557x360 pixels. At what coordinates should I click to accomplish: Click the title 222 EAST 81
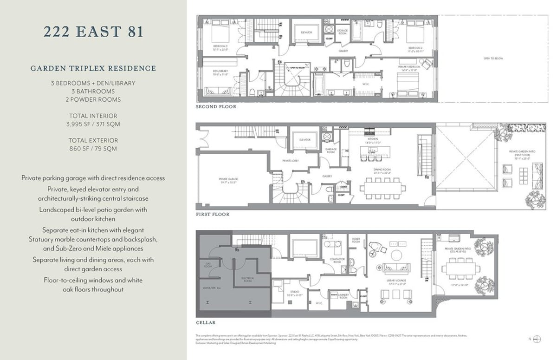(x=93, y=32)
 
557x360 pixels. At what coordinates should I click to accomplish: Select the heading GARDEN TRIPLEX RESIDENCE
(x=93, y=68)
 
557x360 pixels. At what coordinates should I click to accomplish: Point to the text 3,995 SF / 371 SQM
(x=93, y=124)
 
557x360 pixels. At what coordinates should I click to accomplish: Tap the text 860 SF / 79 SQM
(x=93, y=149)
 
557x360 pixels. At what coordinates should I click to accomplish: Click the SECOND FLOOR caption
(x=216, y=107)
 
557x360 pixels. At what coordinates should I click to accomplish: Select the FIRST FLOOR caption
(x=213, y=215)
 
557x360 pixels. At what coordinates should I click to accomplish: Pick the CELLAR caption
(x=206, y=322)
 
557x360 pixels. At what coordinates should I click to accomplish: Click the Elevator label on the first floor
(x=305, y=139)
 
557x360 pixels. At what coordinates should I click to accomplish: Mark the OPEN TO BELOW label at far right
(x=493, y=59)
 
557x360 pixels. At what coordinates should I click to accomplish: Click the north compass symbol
(x=537, y=339)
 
